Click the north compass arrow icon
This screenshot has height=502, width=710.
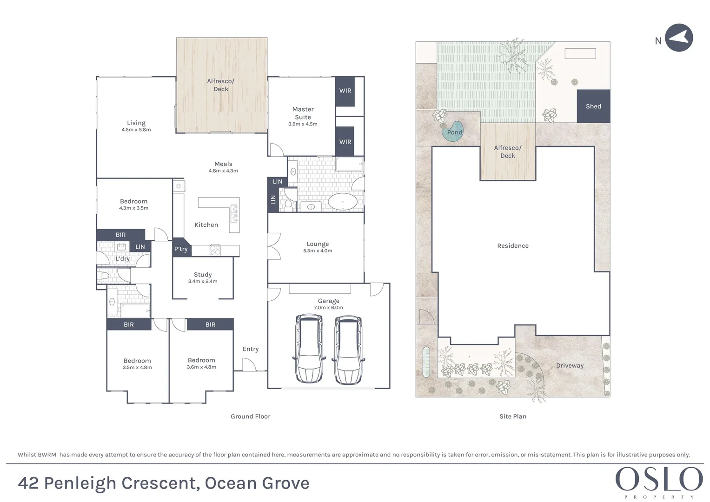[x=679, y=38]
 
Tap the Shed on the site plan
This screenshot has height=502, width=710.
[x=593, y=106]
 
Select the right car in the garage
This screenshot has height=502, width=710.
[x=348, y=350]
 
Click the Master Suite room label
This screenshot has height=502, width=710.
[x=303, y=113]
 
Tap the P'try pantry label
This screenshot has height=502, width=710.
[x=181, y=249]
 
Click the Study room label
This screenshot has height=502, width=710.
[x=203, y=275]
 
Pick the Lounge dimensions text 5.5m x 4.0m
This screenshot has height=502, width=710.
[x=318, y=251]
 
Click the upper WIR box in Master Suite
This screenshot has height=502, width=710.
[x=345, y=91]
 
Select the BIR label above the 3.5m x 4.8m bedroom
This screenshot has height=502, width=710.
[x=129, y=324]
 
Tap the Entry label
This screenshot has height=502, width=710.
[x=251, y=349]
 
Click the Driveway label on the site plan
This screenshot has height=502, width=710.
[x=570, y=365]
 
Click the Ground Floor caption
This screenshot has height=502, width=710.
[x=250, y=416]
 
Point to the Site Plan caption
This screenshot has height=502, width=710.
[x=513, y=416]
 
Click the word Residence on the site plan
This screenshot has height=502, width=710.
[x=513, y=246]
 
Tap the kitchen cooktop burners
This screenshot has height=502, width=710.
[x=215, y=250]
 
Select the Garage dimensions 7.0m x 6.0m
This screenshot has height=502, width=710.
[x=328, y=308]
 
